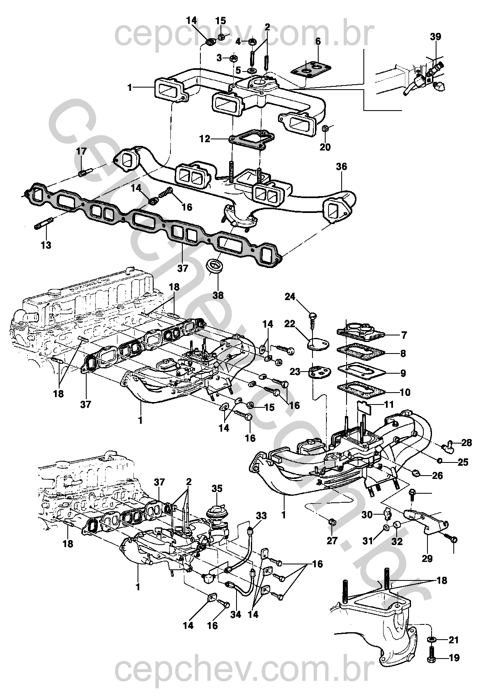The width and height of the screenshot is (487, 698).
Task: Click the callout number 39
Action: pos(436,37)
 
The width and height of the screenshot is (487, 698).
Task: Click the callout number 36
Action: pos(341,167)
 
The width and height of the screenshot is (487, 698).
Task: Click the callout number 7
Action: pos(404,335)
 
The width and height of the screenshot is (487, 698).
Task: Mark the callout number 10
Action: pos(405,392)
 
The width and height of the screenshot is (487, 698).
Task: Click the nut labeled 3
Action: pos(233,58)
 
